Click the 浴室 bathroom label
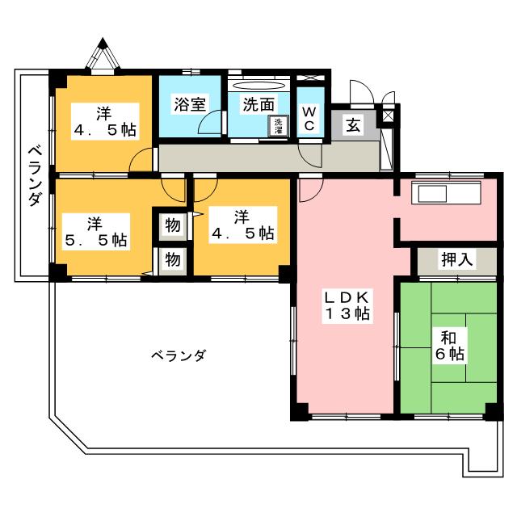(190, 104)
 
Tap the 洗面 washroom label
(258, 104)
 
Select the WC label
(309, 119)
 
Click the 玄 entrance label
(353, 125)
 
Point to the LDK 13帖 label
(347, 305)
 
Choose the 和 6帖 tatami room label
(449, 346)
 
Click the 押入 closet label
(457, 259)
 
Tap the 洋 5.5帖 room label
(95, 232)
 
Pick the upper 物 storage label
(172, 225)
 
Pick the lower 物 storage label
(172, 259)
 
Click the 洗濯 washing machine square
(279, 125)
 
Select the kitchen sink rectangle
(433, 194)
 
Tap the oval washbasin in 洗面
(258, 86)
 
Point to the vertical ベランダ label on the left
(35, 176)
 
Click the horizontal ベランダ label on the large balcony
(179, 355)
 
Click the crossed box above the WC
(310, 78)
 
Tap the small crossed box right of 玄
(388, 116)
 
